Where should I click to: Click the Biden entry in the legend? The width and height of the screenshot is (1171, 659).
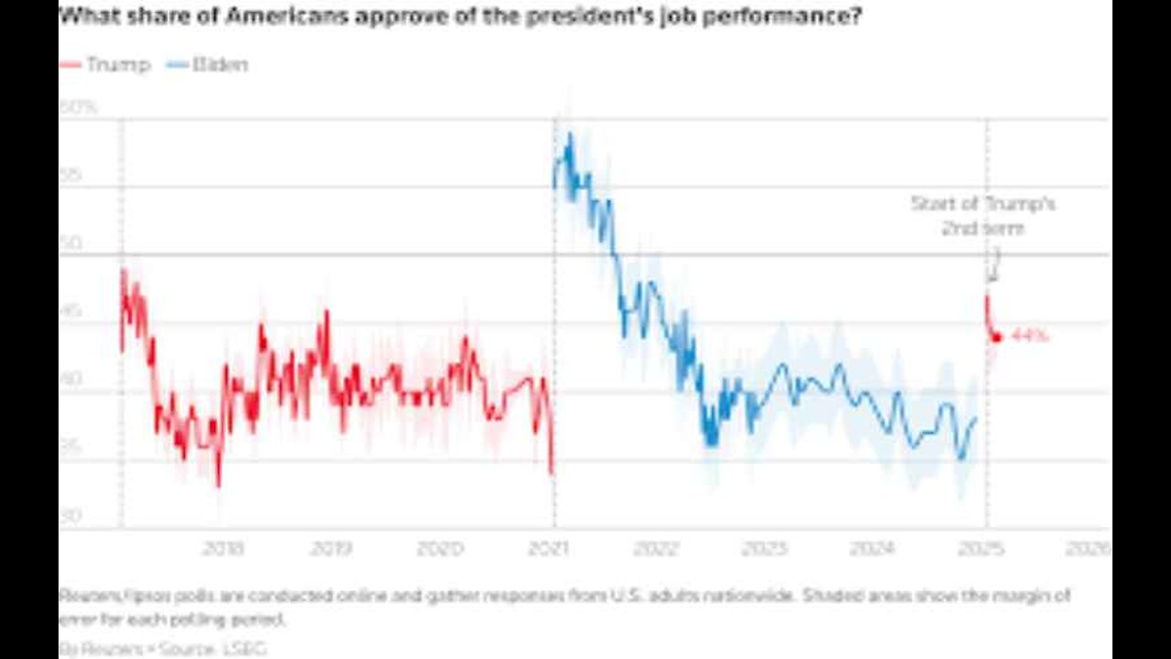tap(208, 65)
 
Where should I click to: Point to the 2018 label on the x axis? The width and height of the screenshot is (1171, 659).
tap(222, 548)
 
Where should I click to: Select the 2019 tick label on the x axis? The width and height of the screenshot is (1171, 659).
tap(330, 548)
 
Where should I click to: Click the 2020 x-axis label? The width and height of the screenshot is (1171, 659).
tap(440, 548)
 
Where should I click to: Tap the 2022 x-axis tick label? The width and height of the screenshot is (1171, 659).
tap(655, 548)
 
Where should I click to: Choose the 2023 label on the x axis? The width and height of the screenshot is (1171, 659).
tap(764, 548)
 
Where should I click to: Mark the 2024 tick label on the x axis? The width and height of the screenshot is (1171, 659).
tap(872, 548)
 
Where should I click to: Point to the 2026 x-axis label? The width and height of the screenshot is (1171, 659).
tap(1088, 548)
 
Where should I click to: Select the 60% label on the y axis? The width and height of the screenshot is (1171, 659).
tap(78, 107)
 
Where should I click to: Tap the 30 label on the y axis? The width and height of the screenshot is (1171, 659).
tap(70, 515)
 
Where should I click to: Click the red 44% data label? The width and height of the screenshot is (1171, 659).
tap(1030, 336)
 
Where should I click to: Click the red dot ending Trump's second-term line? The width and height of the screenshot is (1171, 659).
tap(997, 337)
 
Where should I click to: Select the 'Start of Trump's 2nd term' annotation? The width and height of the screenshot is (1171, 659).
tap(983, 215)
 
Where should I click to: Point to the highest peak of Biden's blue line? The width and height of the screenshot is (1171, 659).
tap(569, 135)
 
